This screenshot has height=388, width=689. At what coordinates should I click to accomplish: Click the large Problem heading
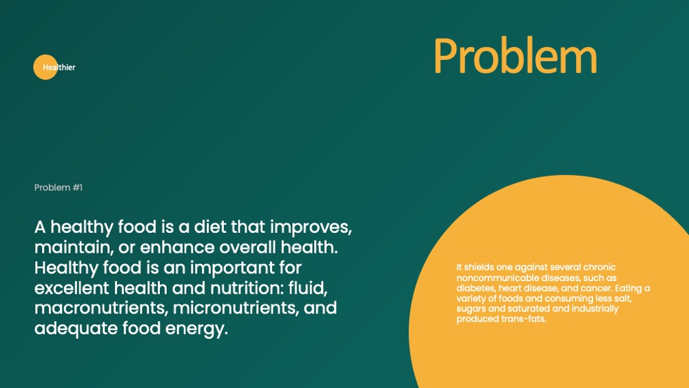click(515, 56)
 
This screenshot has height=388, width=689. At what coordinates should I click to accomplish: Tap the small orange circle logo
click(45, 68)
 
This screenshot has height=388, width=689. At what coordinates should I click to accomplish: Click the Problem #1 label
click(59, 187)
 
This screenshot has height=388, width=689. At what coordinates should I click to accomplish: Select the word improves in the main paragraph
click(311, 228)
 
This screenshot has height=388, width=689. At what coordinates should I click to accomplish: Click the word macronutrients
click(101, 308)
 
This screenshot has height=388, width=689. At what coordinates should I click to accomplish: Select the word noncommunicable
click(497, 278)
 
